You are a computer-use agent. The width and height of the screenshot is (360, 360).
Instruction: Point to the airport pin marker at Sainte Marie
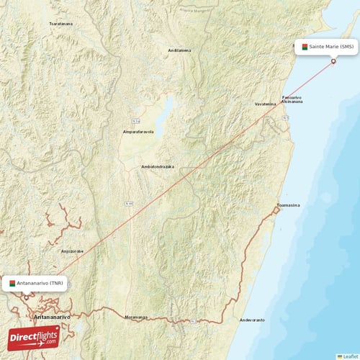tap(333, 61)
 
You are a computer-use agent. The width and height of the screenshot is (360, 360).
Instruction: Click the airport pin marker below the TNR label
tap(27, 297)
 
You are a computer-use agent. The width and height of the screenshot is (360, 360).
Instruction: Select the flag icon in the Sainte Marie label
tap(305, 47)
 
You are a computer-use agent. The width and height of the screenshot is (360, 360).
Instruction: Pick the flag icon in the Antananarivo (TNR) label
tap(12, 283)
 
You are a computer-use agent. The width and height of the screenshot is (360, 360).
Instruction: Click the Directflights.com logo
tap(34, 336)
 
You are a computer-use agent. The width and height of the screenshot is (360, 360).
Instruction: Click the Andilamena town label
tap(179, 50)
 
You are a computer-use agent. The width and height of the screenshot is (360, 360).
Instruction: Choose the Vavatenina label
tap(265, 104)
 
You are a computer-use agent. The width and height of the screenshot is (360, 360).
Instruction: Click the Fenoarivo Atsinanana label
tap(292, 99)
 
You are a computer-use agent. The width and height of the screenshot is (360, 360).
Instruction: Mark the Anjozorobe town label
tap(73, 251)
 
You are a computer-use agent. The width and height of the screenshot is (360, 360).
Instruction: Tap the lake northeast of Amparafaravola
tap(166, 112)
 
